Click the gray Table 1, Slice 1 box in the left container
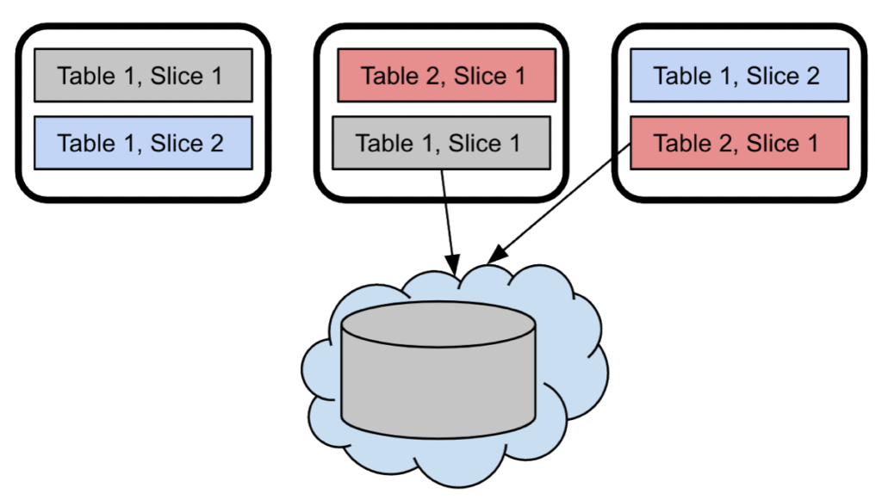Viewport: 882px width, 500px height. [142, 76]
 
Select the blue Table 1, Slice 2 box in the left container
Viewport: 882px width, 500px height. [142, 143]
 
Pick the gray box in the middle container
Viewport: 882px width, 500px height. [440, 143]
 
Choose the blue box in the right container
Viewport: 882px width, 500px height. [738, 76]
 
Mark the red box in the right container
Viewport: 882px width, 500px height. [738, 143]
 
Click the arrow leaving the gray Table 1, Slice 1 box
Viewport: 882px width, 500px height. [446, 211]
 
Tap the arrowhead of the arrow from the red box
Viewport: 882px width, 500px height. [491, 258]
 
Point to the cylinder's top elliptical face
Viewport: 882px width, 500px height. [438, 324]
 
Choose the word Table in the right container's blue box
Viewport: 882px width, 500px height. [682, 76]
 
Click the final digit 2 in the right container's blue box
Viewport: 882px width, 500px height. [812, 76]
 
